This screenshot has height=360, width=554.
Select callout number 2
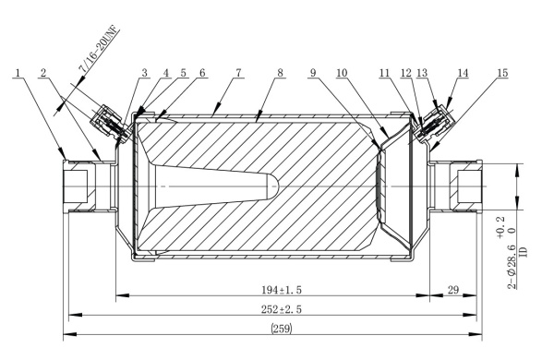[x=43, y=72]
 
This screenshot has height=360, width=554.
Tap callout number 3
[x=145, y=72]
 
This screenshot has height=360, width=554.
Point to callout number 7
[x=238, y=72]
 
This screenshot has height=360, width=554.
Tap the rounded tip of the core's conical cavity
[x=273, y=186]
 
